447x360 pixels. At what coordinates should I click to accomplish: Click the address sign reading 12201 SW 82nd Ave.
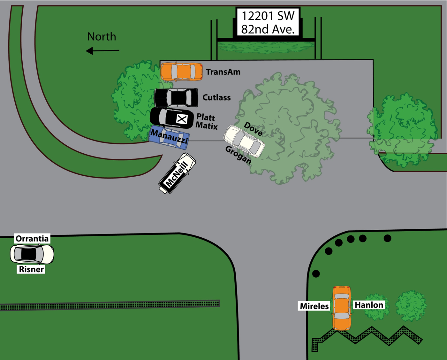pyautogui.click(x=268, y=22)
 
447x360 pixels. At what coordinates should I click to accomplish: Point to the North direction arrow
pyautogui.click(x=102, y=50)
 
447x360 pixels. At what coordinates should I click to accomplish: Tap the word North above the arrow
pyautogui.click(x=102, y=37)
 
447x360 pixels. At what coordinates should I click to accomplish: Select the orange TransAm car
pyautogui.click(x=181, y=72)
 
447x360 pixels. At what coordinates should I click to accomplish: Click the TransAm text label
pyautogui.click(x=223, y=72)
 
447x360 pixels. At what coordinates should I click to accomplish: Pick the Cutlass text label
pyautogui.click(x=216, y=97)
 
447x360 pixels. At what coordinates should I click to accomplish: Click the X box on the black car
pyautogui.click(x=182, y=119)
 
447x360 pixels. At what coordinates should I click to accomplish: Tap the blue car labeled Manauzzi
pyautogui.click(x=169, y=137)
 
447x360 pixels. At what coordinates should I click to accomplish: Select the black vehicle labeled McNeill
pyautogui.click(x=177, y=173)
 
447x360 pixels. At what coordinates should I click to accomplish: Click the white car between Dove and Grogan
pyautogui.click(x=244, y=141)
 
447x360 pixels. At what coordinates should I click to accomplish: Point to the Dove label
pyautogui.click(x=253, y=129)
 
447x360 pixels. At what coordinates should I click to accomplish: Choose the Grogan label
pyautogui.click(x=238, y=155)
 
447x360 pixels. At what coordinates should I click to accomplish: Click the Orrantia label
pyautogui.click(x=32, y=239)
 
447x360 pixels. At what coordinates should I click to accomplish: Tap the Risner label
pyautogui.click(x=31, y=269)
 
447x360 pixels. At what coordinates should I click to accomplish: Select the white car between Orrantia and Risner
pyautogui.click(x=32, y=254)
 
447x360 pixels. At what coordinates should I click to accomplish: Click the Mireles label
pyautogui.click(x=314, y=306)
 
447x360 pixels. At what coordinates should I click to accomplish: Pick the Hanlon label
pyautogui.click(x=369, y=305)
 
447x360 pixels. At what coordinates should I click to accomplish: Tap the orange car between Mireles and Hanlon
pyautogui.click(x=342, y=308)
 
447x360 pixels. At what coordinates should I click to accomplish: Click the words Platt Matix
pyautogui.click(x=207, y=122)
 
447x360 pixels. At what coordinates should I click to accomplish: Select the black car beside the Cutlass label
pyautogui.click(x=176, y=98)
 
